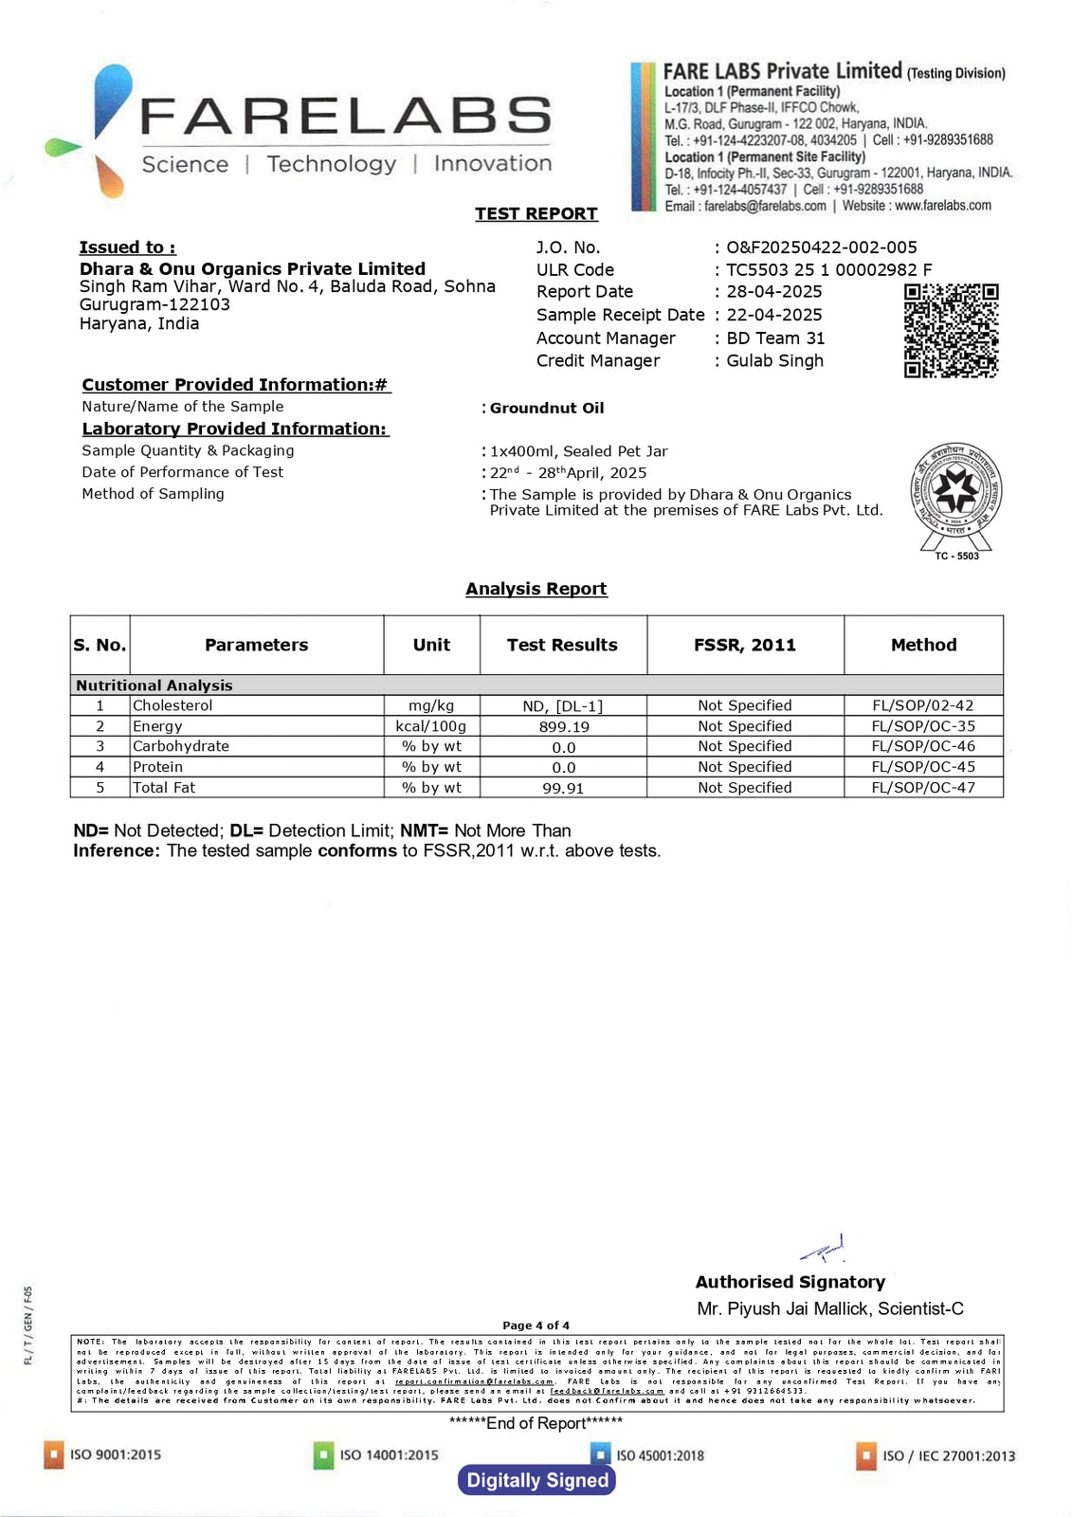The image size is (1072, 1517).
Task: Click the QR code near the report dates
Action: pos(951,330)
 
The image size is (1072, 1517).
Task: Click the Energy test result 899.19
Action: pos(563,726)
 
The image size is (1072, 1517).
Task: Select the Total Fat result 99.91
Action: pos(563,788)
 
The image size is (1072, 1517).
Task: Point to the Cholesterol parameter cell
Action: pos(173,705)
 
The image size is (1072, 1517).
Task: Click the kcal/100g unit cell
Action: pos(431,726)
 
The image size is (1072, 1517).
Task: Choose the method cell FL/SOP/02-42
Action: pos(922,705)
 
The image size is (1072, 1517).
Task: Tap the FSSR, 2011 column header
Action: pos(744,645)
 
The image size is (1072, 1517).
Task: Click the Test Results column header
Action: pos(562,645)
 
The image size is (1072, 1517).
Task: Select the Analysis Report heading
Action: pos(536,589)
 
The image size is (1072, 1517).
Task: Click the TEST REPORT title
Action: pos(536,213)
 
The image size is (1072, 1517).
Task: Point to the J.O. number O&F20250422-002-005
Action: pos(821,247)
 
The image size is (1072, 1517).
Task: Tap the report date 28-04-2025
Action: pos(773,292)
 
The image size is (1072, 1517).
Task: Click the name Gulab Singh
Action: pos(774,360)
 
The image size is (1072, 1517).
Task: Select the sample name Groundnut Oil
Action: pos(546,408)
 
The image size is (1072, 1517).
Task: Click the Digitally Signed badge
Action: pos(536,1480)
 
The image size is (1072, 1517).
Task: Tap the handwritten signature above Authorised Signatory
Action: pos(824,1252)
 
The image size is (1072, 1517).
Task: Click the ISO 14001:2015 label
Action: pos(388,1454)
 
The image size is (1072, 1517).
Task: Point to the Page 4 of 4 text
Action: pos(536,1325)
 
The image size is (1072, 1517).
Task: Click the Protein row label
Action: pos(157,767)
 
